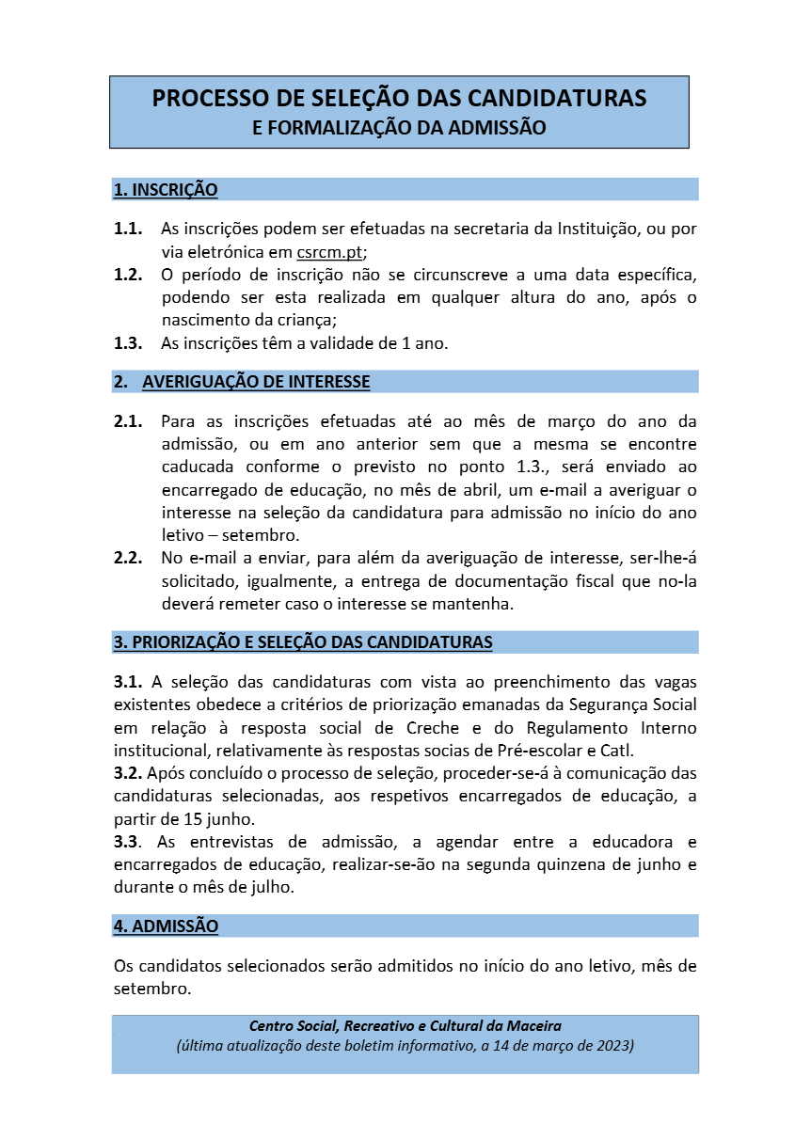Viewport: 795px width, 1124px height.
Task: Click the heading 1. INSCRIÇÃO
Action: click(166, 190)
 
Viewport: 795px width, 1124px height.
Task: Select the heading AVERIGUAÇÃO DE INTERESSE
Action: click(256, 382)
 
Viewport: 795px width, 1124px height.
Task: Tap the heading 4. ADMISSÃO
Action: click(166, 926)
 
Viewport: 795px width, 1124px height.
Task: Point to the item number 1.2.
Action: click(128, 275)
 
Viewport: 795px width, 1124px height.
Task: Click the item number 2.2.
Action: click(128, 559)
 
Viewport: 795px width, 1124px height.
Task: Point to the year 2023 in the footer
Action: click(612, 1045)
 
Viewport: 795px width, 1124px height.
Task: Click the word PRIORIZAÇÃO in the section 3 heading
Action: click(193, 642)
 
